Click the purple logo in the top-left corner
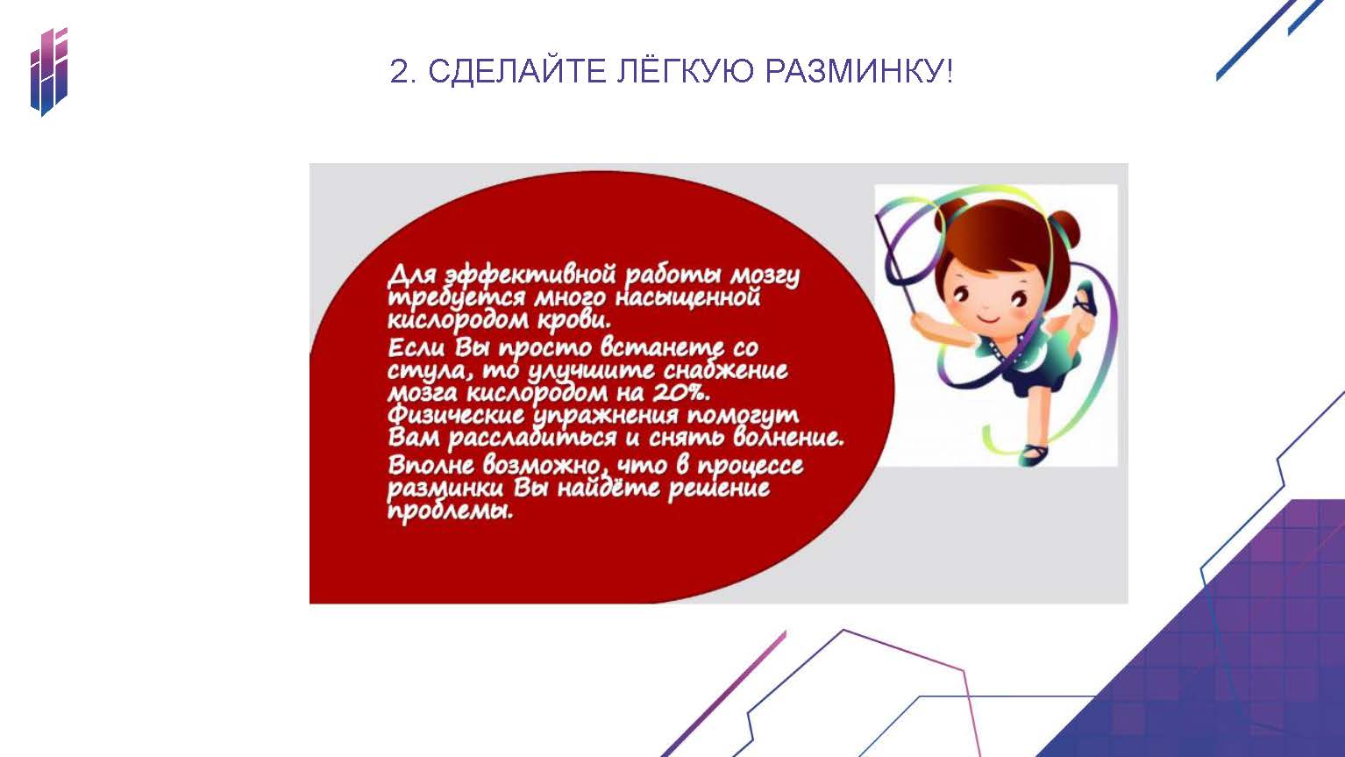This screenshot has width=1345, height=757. [x=49, y=71]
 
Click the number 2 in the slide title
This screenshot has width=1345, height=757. [x=399, y=72]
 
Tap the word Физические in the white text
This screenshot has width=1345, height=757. [x=456, y=415]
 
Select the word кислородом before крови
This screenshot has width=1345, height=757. [x=459, y=320]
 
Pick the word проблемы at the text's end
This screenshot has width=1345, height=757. [x=451, y=512]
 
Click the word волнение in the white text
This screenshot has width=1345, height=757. [x=787, y=436]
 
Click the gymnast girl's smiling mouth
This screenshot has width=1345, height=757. [x=986, y=317]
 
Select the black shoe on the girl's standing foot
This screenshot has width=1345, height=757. [x=1034, y=453]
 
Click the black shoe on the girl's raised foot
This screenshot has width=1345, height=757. [x=1085, y=299]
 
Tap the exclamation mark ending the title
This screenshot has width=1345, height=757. [x=950, y=72]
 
